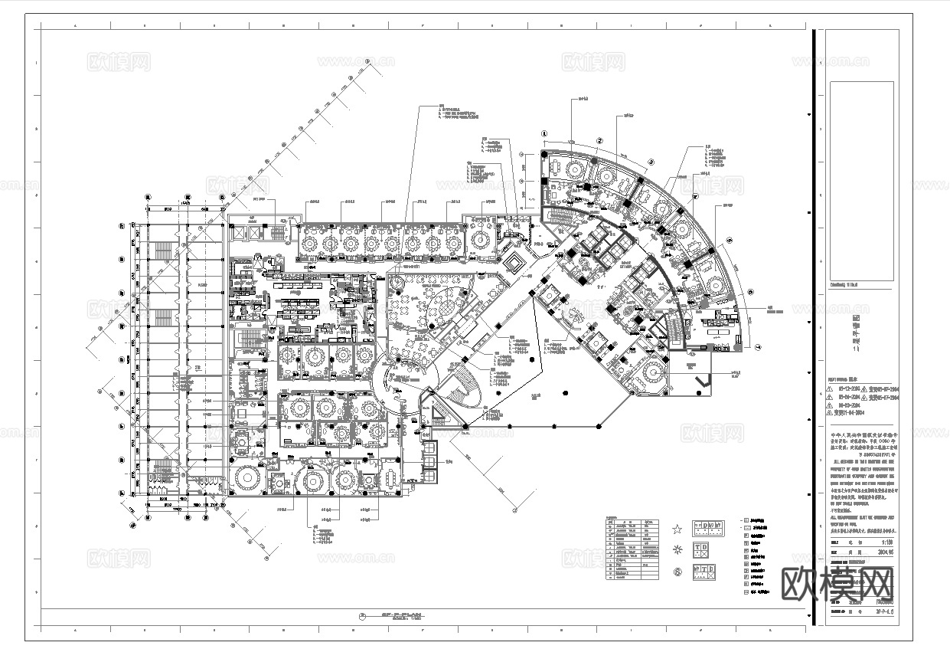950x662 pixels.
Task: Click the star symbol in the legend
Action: [677, 529]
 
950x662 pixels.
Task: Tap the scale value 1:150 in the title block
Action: [884, 543]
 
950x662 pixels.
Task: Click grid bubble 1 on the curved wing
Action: [544, 132]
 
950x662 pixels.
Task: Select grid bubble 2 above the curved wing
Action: [600, 140]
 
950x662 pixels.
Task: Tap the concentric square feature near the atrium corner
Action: [514, 263]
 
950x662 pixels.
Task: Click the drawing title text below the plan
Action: [392, 616]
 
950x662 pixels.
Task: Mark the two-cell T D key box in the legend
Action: [703, 550]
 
